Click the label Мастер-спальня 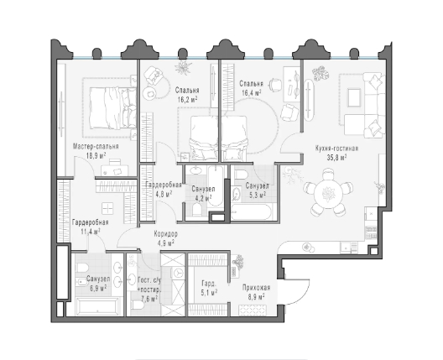[x=96, y=147]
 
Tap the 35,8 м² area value [x=336, y=158]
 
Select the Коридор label [x=166, y=234]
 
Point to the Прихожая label [x=256, y=288]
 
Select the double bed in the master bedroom [x=112, y=107]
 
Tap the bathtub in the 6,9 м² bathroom [x=97, y=307]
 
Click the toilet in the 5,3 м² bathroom [x=241, y=174]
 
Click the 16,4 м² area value [x=251, y=92]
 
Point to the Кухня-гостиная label [x=336, y=149]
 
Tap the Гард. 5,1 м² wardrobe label [x=209, y=288]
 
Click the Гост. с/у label [x=149, y=280]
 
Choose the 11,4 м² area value [x=91, y=232]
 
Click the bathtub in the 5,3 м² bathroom [x=252, y=212]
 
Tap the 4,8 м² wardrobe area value [x=164, y=195]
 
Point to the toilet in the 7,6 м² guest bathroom [x=138, y=305]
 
